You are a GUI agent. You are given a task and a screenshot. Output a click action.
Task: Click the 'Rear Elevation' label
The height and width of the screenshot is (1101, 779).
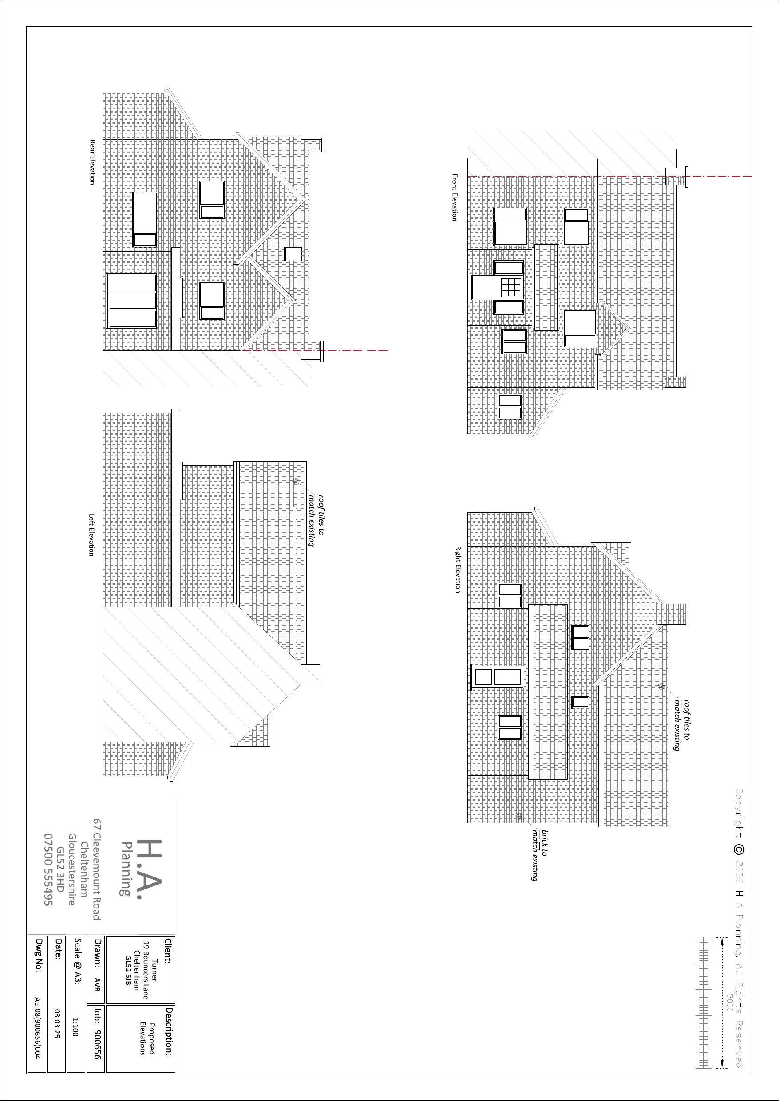[93, 162]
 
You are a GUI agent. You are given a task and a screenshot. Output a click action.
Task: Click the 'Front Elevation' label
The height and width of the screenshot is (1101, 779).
[454, 197]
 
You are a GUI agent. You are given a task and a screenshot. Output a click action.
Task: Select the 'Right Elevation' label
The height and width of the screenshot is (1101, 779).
[458, 569]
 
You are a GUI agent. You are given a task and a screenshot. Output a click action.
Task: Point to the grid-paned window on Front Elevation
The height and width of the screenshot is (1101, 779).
[511, 288]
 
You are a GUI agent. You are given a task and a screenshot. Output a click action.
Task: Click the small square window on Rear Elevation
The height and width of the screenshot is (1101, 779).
[293, 254]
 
